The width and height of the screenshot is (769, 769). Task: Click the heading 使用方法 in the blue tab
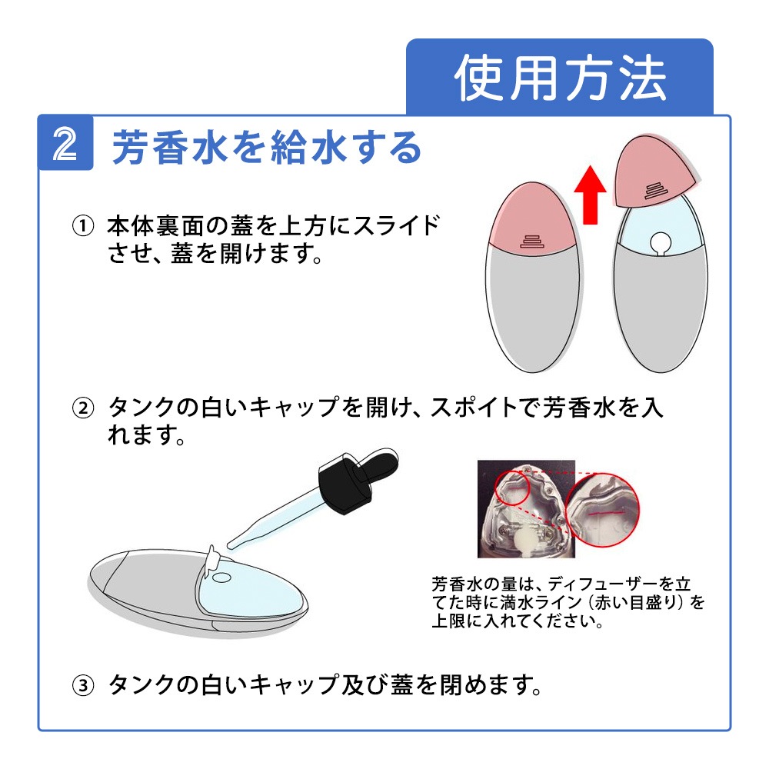click(560, 78)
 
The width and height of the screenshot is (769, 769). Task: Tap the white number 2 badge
click(66, 143)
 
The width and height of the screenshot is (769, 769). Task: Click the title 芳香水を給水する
click(267, 147)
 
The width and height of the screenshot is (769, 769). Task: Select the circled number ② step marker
click(82, 408)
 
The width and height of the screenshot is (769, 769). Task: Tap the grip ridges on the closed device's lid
click(531, 241)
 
